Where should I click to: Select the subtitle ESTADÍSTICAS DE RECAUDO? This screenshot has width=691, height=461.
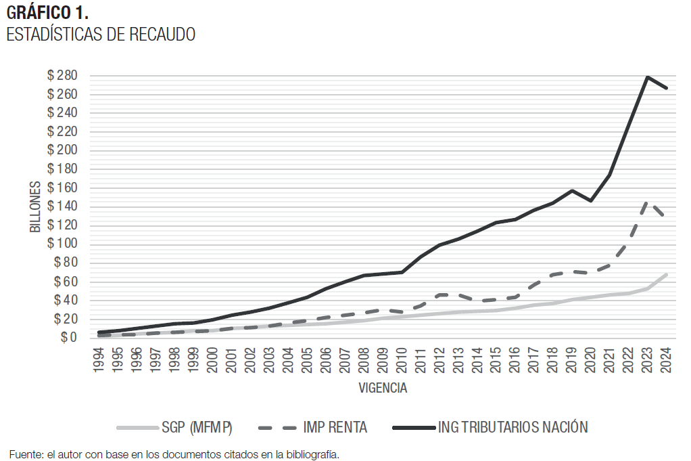(101, 35)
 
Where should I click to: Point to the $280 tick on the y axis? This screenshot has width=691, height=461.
(62, 75)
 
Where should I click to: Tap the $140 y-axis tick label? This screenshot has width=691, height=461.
(62, 206)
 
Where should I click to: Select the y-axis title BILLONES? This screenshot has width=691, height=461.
(35, 206)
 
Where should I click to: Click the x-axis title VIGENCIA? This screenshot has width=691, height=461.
(383, 389)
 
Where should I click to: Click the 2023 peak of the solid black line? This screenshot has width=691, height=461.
(648, 77)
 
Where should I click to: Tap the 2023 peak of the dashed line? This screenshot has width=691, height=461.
(648, 202)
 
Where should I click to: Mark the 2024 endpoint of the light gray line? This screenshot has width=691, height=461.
(667, 274)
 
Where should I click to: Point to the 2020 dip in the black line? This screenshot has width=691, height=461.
(591, 200)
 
